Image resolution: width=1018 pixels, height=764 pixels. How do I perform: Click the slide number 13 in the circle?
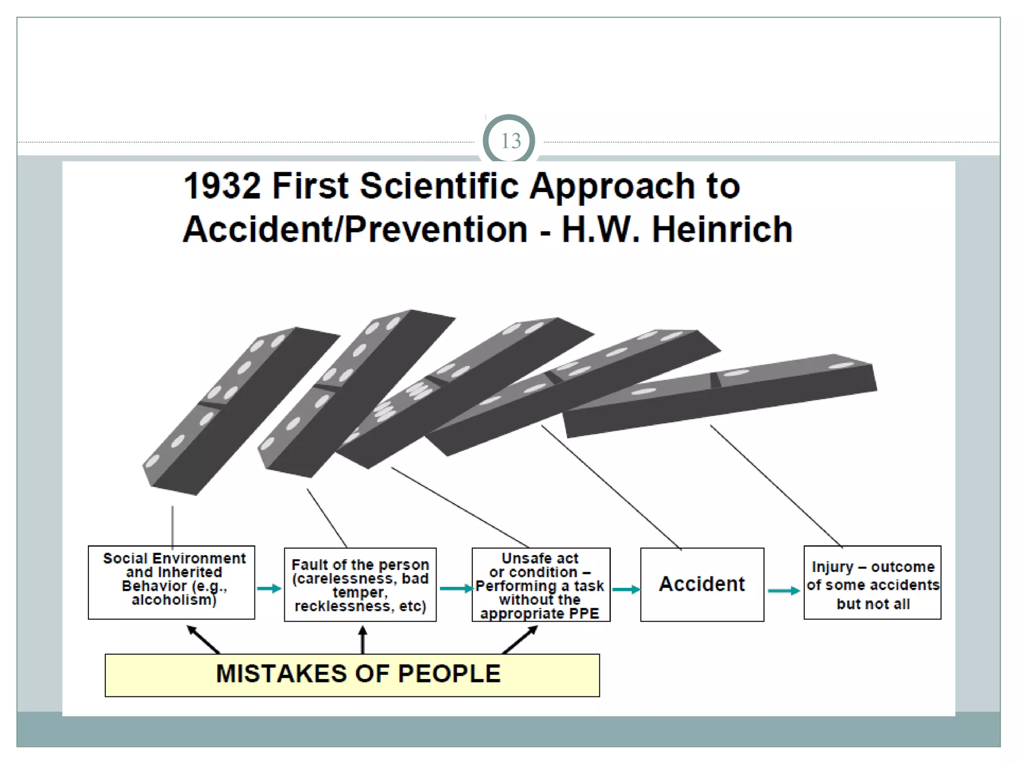(510, 141)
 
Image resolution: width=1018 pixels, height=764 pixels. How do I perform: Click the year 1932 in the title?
(222, 186)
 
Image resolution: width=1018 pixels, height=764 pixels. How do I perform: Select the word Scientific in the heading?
(440, 186)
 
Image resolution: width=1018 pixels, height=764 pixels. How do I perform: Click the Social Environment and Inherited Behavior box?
(171, 582)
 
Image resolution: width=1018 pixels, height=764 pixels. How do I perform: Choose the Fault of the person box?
(360, 585)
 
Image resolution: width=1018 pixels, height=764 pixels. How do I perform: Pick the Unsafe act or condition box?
(541, 585)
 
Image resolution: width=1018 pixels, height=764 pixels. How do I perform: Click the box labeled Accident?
(702, 584)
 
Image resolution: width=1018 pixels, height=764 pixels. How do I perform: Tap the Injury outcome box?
(872, 582)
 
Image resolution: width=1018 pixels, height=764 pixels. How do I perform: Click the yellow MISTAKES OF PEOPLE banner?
(352, 675)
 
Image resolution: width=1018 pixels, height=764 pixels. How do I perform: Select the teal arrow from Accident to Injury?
(784, 591)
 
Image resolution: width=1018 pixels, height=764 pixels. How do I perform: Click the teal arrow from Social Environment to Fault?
(269, 589)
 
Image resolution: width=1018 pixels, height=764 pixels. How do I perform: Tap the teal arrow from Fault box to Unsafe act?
(455, 589)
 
